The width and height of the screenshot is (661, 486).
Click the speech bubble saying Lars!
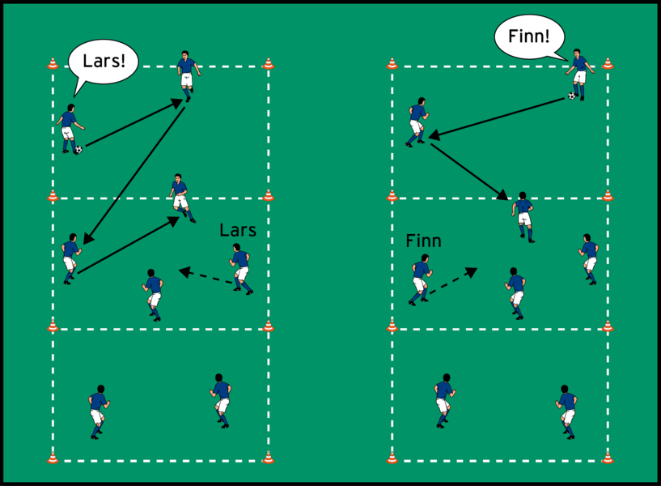pos(102,62)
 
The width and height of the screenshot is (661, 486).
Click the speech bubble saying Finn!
pos(529,37)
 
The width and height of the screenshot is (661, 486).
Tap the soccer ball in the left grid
pos(78,149)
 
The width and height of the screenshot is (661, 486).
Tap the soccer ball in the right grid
pos(572,96)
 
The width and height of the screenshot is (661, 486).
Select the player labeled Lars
pos(241,269)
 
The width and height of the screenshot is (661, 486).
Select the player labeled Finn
pos(419,279)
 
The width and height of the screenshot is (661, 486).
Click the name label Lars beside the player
pos(238,231)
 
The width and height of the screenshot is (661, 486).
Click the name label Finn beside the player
pos(423,241)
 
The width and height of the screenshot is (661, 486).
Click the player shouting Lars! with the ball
pos(68,127)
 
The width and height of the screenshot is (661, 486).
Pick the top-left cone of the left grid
pos(53,63)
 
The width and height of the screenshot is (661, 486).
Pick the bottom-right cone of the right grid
pos(608,458)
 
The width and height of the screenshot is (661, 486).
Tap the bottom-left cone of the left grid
pos(53,458)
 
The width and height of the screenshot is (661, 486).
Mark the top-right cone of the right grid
pos(608,63)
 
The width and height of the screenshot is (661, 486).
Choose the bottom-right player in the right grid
pos(566,408)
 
